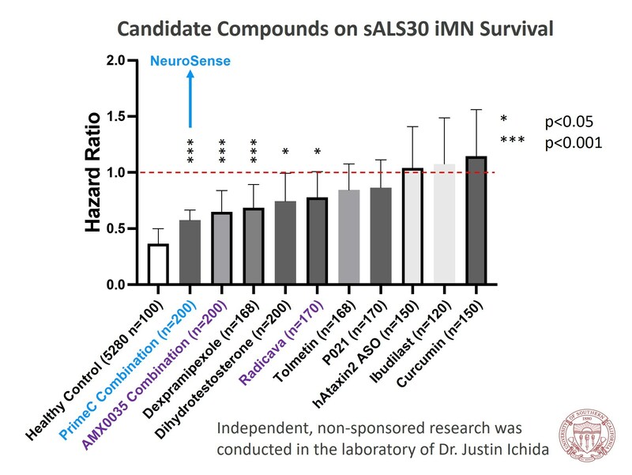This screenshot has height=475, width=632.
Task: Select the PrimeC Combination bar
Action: point(190,253)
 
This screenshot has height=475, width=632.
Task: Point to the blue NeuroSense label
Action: point(190,59)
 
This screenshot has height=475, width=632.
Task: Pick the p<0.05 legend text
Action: point(570,122)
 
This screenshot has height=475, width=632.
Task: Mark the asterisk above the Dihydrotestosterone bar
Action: point(286,152)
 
